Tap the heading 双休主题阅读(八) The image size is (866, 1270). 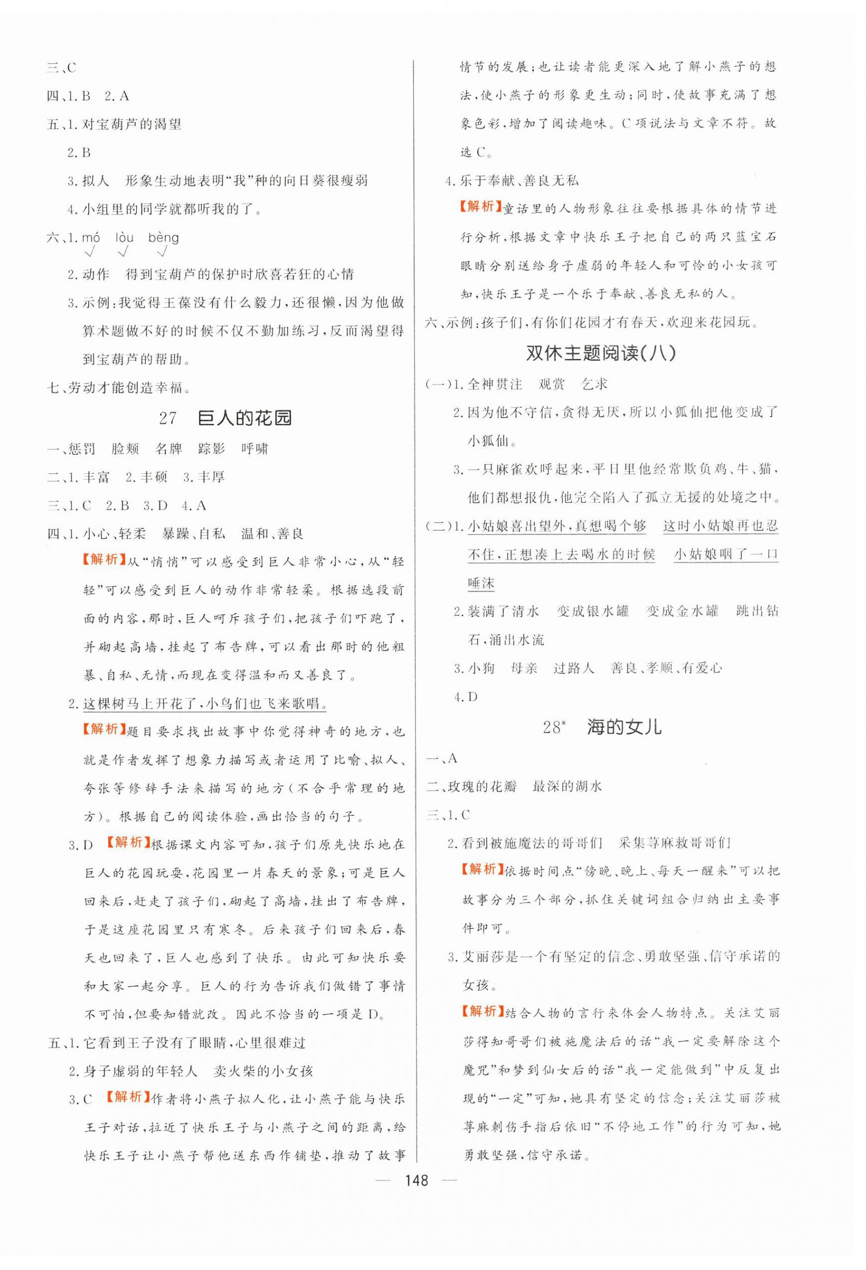click(x=600, y=353)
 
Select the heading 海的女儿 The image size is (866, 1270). click(x=624, y=728)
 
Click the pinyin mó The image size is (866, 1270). click(x=91, y=238)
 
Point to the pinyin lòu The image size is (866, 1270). click(x=125, y=238)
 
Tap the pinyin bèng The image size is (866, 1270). click(x=163, y=238)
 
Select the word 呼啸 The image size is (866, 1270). click(x=255, y=449)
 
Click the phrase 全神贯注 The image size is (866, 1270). click(x=495, y=384)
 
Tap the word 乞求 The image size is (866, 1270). click(x=594, y=384)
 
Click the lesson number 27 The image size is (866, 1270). click(x=168, y=418)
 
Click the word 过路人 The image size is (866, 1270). click(x=574, y=668)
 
